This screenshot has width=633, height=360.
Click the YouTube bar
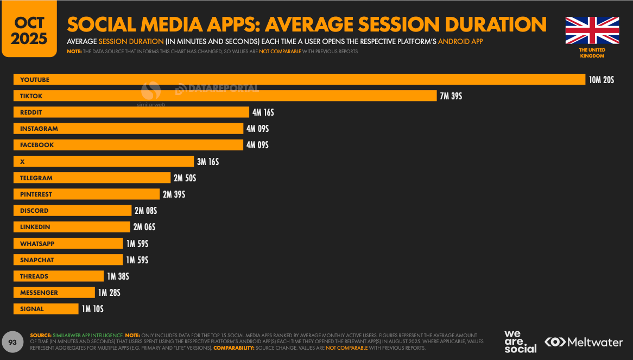pos(299,80)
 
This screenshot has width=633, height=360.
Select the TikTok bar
pos(225,96)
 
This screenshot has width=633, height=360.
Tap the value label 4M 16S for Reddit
pos(263,112)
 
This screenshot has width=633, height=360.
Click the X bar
pos(103,162)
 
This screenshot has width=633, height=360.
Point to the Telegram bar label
pos(36,178)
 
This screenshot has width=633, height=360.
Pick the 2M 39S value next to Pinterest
pos(174,194)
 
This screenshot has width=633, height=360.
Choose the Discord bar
pos(72,211)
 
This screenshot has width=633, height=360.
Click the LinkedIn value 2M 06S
pos(144,227)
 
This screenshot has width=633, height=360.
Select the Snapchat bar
pos(68,260)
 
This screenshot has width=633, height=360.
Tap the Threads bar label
pos(34,276)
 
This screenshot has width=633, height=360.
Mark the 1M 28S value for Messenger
pos(109,293)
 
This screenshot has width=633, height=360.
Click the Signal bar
pos(46,309)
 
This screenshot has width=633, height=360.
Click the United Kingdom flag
pos(592,30)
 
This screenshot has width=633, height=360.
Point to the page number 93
pos(12,342)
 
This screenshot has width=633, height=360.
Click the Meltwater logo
pos(584,342)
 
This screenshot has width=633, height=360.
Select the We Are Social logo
pos(520,342)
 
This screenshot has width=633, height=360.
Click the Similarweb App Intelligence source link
pos(88,336)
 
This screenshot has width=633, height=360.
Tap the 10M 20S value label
pos(602,80)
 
